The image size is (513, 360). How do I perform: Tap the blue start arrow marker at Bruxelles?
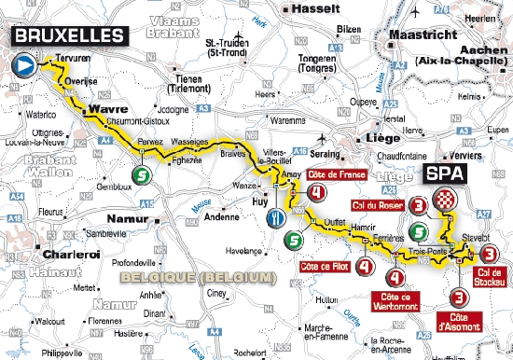pos(22,66)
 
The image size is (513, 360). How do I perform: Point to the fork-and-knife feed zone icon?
pos(276,217)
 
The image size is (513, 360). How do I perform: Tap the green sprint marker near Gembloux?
pos(140,174)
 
